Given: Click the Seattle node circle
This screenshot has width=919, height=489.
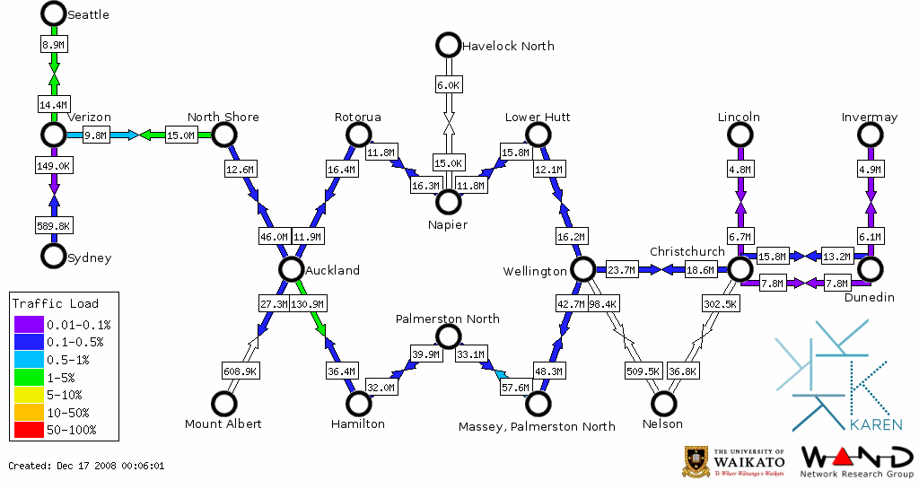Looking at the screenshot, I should click(54, 13).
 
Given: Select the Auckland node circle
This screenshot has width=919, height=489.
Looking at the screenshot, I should click(291, 269).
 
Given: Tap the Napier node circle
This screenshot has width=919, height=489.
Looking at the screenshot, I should click(448, 201).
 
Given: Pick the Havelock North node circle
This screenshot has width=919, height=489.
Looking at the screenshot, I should click(448, 45).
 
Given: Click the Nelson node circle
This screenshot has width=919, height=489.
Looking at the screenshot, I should click(663, 404).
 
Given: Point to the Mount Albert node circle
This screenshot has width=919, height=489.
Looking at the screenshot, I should click(223, 404).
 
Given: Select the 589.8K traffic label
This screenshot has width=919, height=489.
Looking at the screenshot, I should click(54, 225).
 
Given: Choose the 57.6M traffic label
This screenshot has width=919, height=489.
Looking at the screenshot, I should click(515, 388).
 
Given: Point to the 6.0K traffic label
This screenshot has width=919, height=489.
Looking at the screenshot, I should click(448, 85).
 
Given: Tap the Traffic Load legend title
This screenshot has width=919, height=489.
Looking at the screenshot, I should click(56, 303).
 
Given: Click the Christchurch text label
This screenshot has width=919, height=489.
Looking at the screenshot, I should click(687, 251).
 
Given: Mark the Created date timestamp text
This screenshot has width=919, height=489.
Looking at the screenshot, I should click(86, 466).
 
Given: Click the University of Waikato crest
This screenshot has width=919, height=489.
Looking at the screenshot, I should click(698, 460).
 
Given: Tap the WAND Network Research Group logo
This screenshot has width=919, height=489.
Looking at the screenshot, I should click(855, 462).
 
